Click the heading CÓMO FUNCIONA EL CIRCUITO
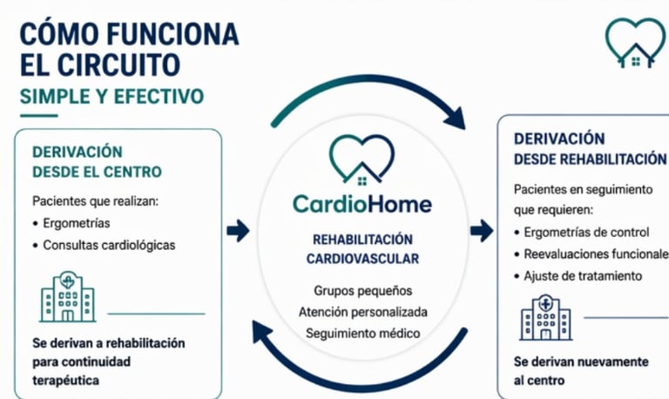coord(129,50)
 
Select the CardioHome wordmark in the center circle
coord(362,205)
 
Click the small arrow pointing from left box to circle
coord(237,230)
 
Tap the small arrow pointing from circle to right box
coord(481,230)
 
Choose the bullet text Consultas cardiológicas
coord(109,246)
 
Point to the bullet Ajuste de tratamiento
coord(583,276)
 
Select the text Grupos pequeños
coord(362,290)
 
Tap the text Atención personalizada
coord(362,311)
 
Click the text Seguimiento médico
coord(362,333)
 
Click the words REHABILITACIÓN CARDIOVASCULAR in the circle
coord(362,248)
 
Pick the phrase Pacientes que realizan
coord(91,200)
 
